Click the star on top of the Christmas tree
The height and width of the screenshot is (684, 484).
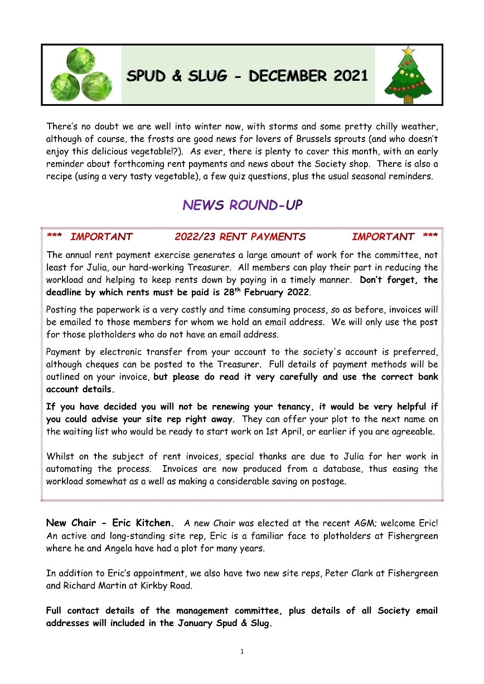click(x=409, y=51)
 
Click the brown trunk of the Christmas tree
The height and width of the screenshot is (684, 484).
click(x=409, y=99)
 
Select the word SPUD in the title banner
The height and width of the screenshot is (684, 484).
click(x=147, y=76)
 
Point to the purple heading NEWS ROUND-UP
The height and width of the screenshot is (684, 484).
click(x=242, y=205)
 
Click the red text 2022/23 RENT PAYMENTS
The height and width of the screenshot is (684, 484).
click(x=240, y=237)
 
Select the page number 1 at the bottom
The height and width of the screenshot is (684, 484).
click(x=242, y=651)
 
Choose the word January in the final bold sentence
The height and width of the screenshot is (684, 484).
click(x=193, y=623)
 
